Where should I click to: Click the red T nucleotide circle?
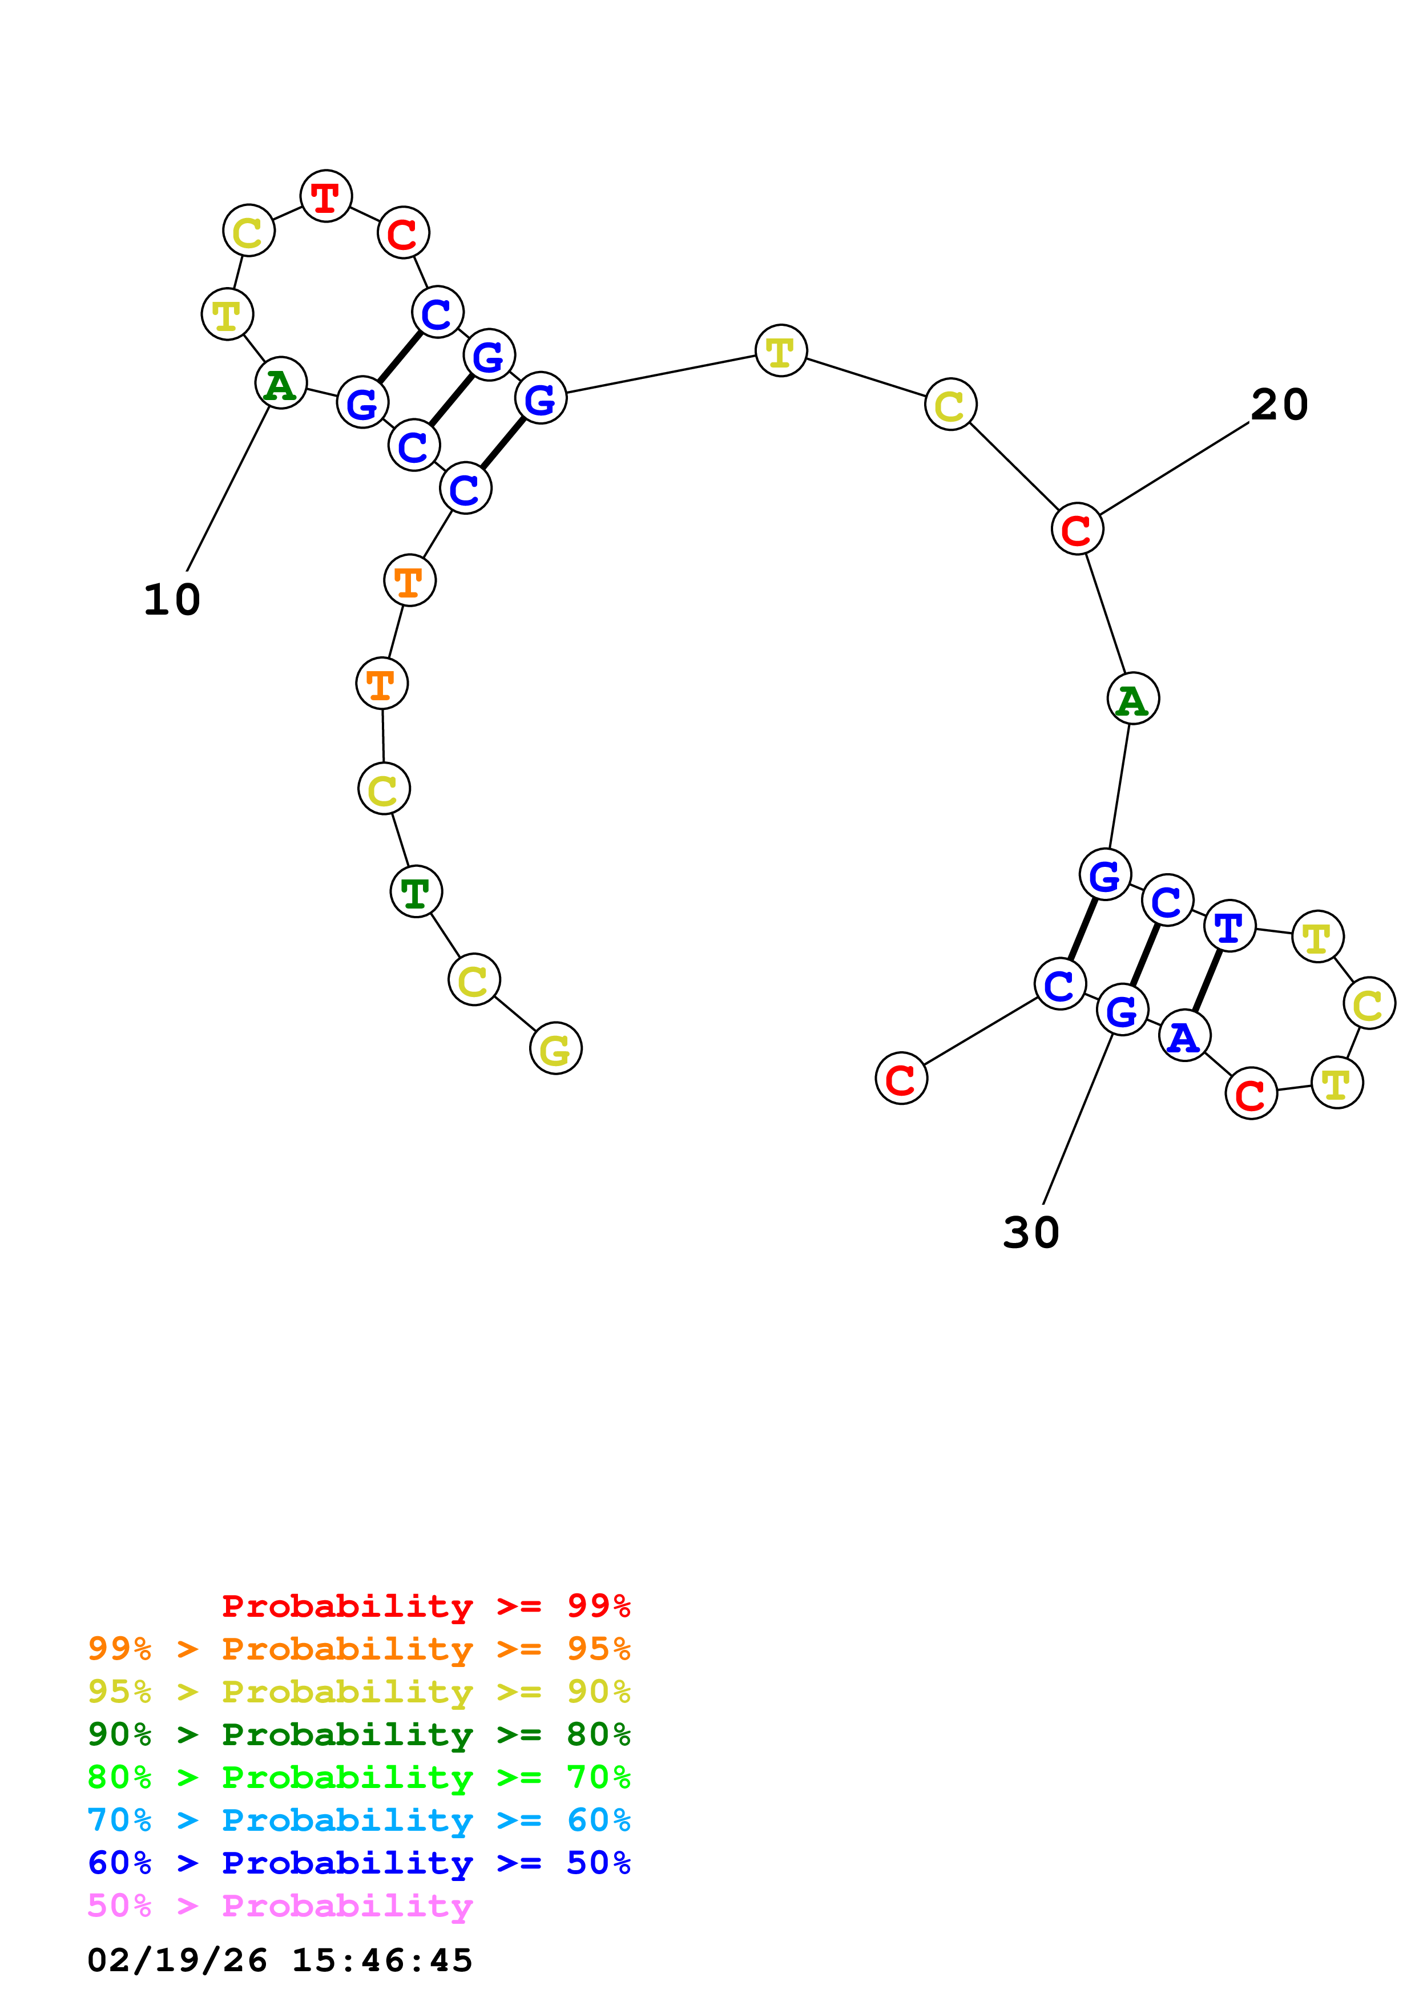coord(326,196)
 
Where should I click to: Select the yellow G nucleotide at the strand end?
coord(555,1048)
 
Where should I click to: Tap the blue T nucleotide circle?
coord(1229,926)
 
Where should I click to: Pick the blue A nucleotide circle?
coord(1184,1036)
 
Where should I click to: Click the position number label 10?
coord(172,600)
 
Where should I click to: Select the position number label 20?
coord(1279,405)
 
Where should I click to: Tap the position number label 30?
coord(1030,1233)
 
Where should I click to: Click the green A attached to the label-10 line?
coord(281,383)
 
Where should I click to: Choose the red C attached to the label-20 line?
coord(1077,529)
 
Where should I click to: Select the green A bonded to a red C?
coord(1132,699)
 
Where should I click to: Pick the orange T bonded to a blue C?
coord(409,580)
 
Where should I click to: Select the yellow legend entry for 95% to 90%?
coord(358,1691)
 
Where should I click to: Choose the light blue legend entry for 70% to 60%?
coord(358,1820)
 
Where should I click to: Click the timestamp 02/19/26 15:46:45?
coord(280,1960)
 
